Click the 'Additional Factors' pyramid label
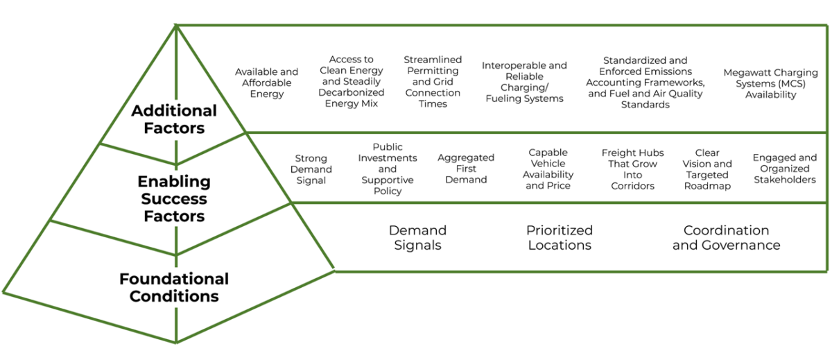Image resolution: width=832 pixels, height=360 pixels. (x=174, y=119)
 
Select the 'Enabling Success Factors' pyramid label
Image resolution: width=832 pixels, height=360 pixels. (x=174, y=199)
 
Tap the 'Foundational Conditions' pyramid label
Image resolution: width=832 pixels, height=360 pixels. (x=174, y=288)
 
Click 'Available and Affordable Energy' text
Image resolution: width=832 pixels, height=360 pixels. (x=267, y=83)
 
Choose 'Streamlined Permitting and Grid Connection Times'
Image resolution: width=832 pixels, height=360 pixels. (x=433, y=82)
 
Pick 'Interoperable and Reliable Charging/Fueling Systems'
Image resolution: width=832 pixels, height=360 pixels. (x=524, y=82)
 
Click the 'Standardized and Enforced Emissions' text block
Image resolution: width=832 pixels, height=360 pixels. (x=645, y=83)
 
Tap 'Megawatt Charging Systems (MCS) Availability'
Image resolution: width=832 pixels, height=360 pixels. (x=770, y=83)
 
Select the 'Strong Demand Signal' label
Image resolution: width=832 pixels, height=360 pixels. (x=311, y=169)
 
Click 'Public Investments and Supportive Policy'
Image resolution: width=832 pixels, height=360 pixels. (x=388, y=169)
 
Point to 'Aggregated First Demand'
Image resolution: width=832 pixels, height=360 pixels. (x=466, y=169)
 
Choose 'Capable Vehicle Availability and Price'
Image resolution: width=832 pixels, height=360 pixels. (x=548, y=169)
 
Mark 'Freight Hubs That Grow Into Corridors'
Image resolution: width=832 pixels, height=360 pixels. (x=632, y=169)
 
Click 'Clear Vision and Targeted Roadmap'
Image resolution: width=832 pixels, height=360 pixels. (x=707, y=169)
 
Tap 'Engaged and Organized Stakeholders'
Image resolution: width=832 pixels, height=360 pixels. (x=785, y=169)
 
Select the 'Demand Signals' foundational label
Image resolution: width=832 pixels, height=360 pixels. (x=417, y=237)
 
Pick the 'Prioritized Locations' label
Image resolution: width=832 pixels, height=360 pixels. (x=560, y=237)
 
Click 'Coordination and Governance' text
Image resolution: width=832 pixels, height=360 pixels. (x=726, y=237)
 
